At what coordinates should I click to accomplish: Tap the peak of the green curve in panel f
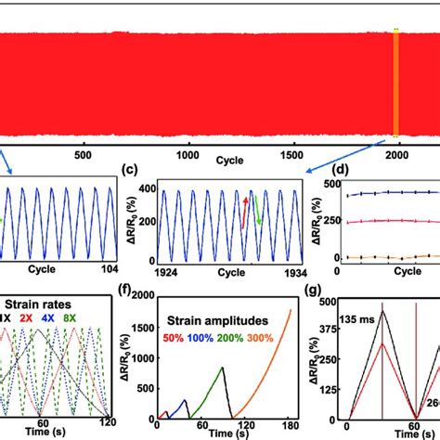[223, 368]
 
